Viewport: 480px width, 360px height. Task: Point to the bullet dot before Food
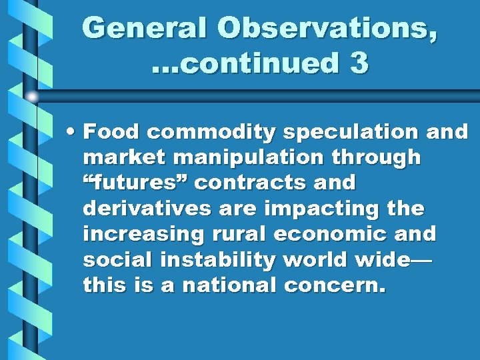coord(71,132)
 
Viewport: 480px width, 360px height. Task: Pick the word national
coord(227,285)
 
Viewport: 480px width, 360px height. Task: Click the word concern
coord(335,285)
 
